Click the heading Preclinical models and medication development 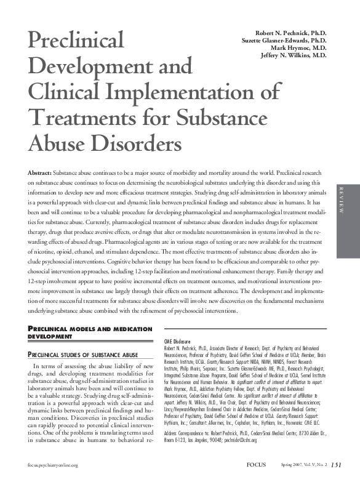coord(82,333)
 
